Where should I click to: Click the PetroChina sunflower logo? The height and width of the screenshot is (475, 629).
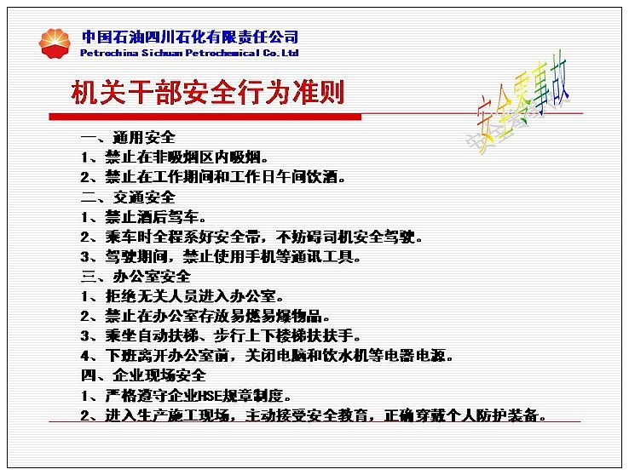coord(55,43)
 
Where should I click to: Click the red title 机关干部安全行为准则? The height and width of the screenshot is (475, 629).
coord(208,92)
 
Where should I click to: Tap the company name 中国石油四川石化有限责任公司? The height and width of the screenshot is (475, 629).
coord(190,37)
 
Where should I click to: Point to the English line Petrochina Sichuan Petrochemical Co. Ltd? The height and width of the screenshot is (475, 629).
coord(189,53)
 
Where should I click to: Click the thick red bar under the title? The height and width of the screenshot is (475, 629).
coord(205,117)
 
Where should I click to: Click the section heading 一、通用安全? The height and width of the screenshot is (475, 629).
coord(128,137)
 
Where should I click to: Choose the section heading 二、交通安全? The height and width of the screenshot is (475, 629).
coord(128,197)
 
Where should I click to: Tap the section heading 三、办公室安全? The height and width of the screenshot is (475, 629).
coord(136,277)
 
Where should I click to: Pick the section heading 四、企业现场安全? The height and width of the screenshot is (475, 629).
coord(143,375)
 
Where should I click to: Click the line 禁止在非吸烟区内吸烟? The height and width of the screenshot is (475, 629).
coord(175,157)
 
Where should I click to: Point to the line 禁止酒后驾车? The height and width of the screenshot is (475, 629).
coord(143,217)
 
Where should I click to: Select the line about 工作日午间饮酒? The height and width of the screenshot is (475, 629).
coord(213,176)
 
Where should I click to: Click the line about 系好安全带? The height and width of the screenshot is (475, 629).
coord(251,237)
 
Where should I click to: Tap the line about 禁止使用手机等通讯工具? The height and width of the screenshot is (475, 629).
coord(221,256)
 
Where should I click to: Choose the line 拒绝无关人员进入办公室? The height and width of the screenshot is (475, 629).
coord(182,296)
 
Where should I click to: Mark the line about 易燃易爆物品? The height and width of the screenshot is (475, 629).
coord(205,316)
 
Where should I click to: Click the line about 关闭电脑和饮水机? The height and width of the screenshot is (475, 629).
coord(267,355)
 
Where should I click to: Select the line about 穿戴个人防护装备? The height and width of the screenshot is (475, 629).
coord(314,415)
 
